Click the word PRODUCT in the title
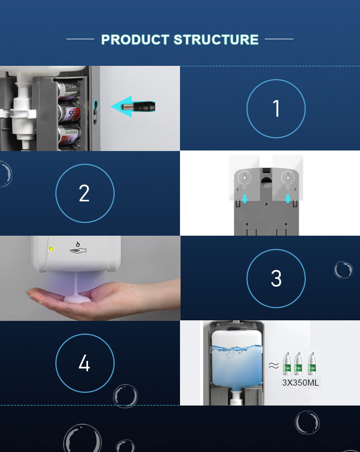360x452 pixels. pyautogui.click(x=135, y=40)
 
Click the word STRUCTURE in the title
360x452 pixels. pyautogui.click(x=216, y=40)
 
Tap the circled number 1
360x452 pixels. pyautogui.click(x=276, y=108)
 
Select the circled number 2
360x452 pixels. pyautogui.click(x=84, y=194)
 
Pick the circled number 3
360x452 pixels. pyautogui.click(x=276, y=278)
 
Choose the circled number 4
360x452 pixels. pyautogui.click(x=84, y=363)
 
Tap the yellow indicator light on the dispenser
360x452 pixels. pyautogui.click(x=51, y=248)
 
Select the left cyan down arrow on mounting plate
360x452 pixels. pyautogui.click(x=244, y=198)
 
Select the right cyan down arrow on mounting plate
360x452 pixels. pyautogui.click(x=287, y=198)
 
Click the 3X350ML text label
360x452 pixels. pyautogui.click(x=301, y=382)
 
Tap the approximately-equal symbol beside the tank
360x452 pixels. pyautogui.click(x=274, y=366)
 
